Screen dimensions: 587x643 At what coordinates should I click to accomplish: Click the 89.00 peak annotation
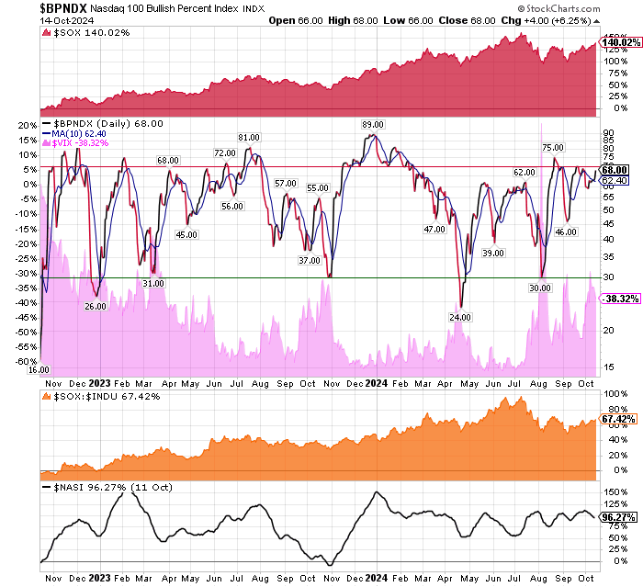(x=372, y=124)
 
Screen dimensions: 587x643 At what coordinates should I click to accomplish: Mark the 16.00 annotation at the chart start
(x=38, y=369)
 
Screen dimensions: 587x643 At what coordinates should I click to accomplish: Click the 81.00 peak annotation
(x=249, y=138)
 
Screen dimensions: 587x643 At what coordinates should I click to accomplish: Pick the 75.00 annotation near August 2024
(x=552, y=147)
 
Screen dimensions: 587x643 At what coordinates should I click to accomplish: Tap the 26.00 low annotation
(x=96, y=306)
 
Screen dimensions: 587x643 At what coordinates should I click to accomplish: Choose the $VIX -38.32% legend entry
(x=84, y=143)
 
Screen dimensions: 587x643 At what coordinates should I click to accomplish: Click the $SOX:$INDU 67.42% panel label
(x=96, y=396)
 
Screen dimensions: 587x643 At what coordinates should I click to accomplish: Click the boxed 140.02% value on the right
(x=615, y=42)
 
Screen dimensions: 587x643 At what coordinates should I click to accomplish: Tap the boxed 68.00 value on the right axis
(x=615, y=170)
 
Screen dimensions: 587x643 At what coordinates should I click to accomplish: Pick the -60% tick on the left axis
(x=25, y=362)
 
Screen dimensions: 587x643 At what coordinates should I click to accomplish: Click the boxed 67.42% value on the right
(x=614, y=419)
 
